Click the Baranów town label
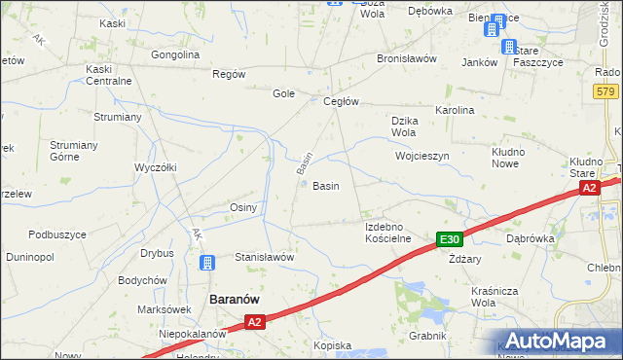(235, 300)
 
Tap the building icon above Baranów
(207, 262)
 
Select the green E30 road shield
(449, 239)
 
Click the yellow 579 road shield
(605, 90)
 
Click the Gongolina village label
(175, 54)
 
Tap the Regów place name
(229, 74)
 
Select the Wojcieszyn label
(421, 156)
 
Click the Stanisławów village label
(265, 257)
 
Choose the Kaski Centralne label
(108, 75)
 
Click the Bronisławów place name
(406, 58)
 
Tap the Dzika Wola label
(404, 126)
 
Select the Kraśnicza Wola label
(467, 296)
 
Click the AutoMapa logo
(559, 341)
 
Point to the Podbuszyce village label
(57, 234)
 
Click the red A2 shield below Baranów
(254, 321)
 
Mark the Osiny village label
(242, 207)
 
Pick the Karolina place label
(455, 110)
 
